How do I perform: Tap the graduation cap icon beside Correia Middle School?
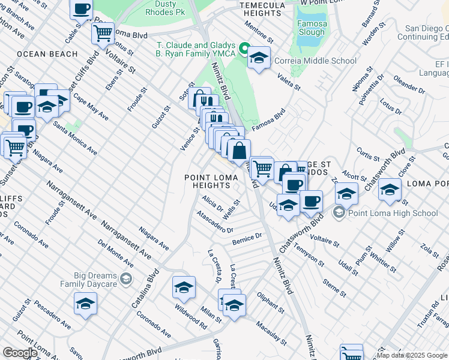[259, 58]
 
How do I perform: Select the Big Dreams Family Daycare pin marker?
[126, 278]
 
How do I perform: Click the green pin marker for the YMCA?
[245, 49]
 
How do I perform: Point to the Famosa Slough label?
[311, 28]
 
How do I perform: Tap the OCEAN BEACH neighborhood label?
[47, 54]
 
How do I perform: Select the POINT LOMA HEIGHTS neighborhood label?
[206, 182]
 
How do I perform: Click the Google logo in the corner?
[20, 353]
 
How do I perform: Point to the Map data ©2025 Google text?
[411, 355]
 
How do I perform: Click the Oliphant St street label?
[270, 303]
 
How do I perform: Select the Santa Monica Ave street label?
[74, 138]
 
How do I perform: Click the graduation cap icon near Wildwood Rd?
[184, 287]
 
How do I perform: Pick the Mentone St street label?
[258, 33]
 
